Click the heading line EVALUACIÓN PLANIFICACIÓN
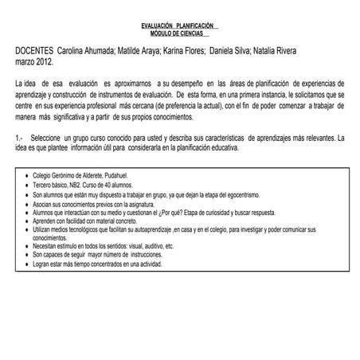(179, 26)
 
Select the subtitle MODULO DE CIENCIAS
(179, 33)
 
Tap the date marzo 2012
(34, 61)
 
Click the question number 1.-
(20, 139)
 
